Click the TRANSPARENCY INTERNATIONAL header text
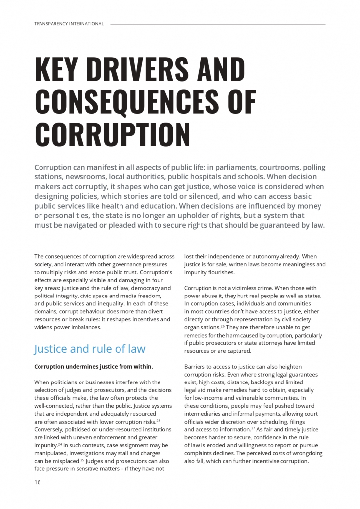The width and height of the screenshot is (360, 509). coord(69,24)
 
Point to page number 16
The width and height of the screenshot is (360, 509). coord(38,482)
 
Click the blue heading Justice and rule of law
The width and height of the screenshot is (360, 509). coord(89,349)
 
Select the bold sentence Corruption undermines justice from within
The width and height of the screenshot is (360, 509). coord(93,367)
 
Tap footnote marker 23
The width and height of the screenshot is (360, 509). coord(158,420)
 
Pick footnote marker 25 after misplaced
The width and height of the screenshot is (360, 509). coord(82,460)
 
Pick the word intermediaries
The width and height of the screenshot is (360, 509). coord(208,414)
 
